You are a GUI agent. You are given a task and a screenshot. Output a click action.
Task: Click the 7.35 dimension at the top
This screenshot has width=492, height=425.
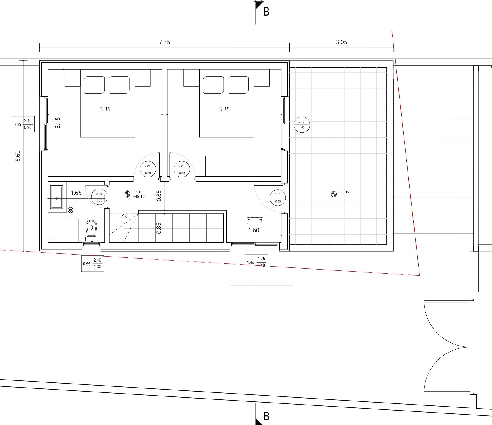pos(164,42)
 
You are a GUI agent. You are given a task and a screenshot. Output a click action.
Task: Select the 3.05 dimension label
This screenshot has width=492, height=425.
pos(341,42)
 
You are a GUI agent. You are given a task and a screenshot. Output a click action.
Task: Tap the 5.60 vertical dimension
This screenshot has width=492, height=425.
pos(18,156)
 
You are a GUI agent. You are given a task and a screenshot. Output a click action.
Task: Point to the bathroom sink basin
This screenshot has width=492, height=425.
pos(56,197)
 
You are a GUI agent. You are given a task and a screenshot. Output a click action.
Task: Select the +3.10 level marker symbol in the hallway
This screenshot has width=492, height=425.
pos(127,194)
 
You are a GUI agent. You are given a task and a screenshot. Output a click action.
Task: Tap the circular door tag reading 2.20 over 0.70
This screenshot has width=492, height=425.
pos(99,197)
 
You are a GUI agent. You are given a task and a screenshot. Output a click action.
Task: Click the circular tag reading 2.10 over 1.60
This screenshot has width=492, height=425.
pos(302,125)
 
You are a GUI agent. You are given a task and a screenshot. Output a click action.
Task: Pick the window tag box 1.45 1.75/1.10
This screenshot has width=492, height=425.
pos(256,262)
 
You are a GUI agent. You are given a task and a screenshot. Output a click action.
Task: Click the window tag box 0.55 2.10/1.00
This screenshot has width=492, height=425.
pos(92,263)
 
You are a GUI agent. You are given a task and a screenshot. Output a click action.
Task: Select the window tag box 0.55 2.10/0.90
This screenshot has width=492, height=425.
pos(23,124)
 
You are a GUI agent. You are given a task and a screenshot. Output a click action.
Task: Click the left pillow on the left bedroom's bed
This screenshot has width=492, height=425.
pos(94,85)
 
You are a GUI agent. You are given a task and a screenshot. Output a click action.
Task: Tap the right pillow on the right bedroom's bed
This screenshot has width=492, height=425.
pos(238,85)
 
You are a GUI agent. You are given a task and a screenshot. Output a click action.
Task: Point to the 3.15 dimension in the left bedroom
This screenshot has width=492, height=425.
pos(58,122)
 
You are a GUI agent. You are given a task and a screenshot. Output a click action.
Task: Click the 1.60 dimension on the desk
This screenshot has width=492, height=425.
pos(254,230)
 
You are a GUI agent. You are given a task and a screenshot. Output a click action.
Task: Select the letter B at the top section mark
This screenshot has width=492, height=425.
pos(266,12)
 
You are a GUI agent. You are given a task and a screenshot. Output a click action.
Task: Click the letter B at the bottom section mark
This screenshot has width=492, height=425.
pos(266,416)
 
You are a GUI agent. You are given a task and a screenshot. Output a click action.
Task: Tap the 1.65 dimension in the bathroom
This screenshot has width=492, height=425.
pos(76,193)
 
